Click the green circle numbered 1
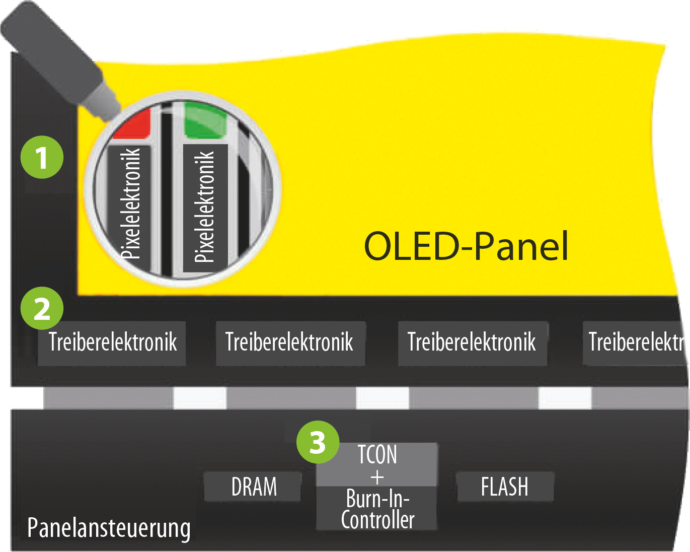(42, 157)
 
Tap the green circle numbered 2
(42, 308)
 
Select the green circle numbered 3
(318, 442)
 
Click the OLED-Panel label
(466, 246)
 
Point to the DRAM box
(253, 487)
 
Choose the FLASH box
(505, 487)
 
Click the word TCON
(377, 454)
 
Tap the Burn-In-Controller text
(377, 509)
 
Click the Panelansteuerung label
(109, 528)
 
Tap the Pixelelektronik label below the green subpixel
(205, 206)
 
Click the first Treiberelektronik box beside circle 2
(112, 342)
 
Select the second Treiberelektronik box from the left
(290, 342)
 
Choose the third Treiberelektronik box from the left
(472, 342)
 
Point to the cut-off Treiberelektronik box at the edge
(636, 342)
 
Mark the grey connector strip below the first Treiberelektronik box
(108, 398)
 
